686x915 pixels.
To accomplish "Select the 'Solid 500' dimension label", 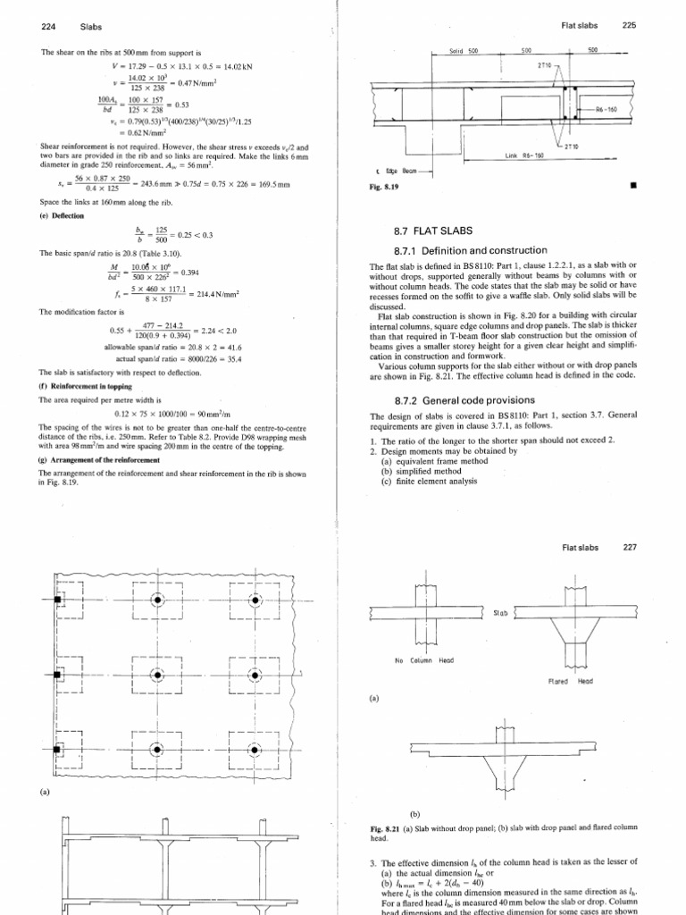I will pyautogui.click(x=464, y=52).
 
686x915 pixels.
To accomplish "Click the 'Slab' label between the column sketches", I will pyautogui.click(x=500, y=614).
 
